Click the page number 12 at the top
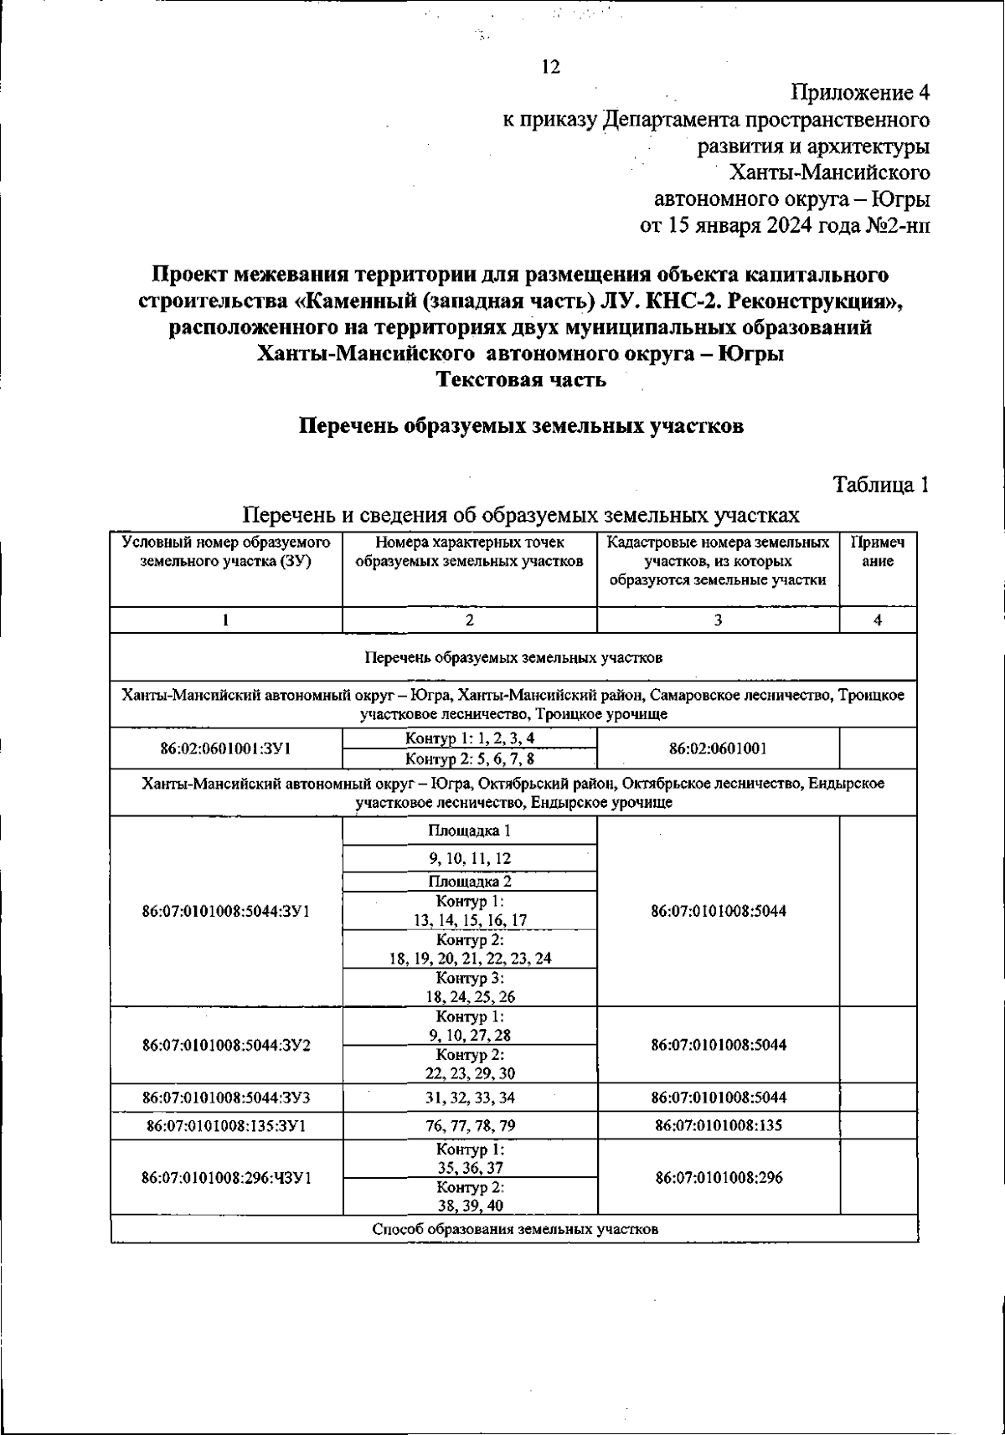[x=550, y=68]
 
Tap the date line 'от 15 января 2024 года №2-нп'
[x=785, y=226]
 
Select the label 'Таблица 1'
[x=880, y=485]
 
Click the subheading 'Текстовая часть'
[x=521, y=380]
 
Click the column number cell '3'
[x=718, y=620]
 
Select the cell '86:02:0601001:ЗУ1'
[x=225, y=748]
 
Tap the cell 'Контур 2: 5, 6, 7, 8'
[x=469, y=759]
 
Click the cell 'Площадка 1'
[x=469, y=831]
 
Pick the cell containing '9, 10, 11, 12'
[x=469, y=858]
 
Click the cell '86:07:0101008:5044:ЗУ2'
[x=226, y=1045]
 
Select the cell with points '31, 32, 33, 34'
[x=469, y=1097]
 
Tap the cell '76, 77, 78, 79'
[x=469, y=1125]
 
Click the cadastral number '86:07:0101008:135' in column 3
[x=718, y=1125]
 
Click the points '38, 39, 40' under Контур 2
[x=469, y=1206]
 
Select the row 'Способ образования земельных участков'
[x=514, y=1230]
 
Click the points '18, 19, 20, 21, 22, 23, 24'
[x=469, y=959]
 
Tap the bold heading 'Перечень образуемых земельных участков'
[x=521, y=426]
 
